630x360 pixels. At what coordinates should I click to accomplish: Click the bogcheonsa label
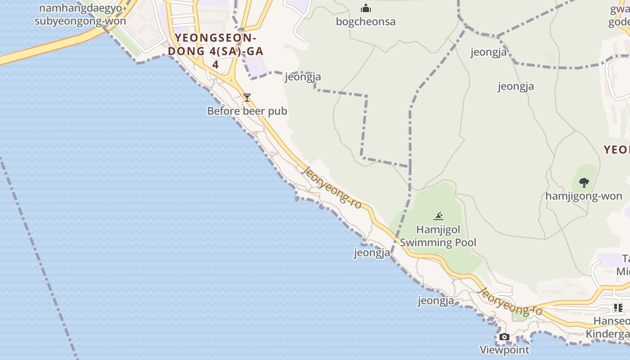pyautogui.click(x=365, y=22)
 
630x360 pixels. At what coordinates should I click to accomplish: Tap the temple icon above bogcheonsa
pyautogui.click(x=366, y=8)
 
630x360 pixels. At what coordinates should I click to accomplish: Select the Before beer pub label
pyautogui.click(x=247, y=111)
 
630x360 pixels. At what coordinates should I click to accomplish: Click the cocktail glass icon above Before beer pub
pyautogui.click(x=247, y=97)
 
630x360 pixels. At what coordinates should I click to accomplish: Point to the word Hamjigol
pyautogui.click(x=438, y=229)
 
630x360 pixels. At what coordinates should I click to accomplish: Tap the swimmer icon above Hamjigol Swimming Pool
pyautogui.click(x=438, y=216)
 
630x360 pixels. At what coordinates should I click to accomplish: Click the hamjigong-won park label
pyautogui.click(x=584, y=196)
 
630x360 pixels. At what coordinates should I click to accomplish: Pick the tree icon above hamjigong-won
pyautogui.click(x=584, y=182)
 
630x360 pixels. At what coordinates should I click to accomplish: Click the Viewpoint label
pyautogui.click(x=504, y=350)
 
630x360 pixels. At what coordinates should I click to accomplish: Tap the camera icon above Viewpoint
pyautogui.click(x=504, y=337)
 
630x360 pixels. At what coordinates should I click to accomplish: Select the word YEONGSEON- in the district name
pyautogui.click(x=216, y=37)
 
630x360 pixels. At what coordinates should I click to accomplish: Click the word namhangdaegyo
pyautogui.click(x=80, y=8)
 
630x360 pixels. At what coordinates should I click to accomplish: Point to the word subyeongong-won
pyautogui.click(x=80, y=21)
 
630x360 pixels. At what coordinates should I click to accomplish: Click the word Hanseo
pyautogui.click(x=611, y=321)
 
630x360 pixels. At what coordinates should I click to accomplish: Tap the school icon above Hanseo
pyautogui.click(x=618, y=308)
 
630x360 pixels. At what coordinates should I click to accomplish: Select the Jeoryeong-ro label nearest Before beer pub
pyautogui.click(x=333, y=187)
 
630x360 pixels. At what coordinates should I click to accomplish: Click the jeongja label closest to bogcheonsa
pyautogui.click(x=303, y=77)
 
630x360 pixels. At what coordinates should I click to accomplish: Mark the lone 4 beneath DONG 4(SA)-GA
pyautogui.click(x=215, y=64)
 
